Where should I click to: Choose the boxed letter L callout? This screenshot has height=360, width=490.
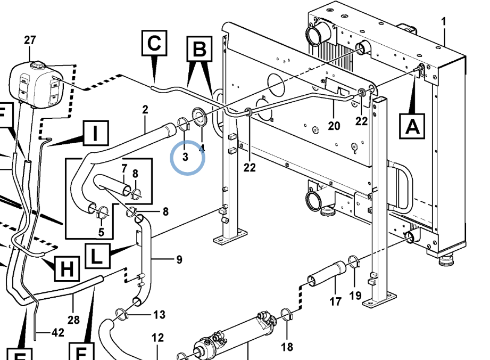(96, 257)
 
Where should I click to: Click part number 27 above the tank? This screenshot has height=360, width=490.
(30, 40)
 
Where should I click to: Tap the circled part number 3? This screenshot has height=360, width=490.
(186, 157)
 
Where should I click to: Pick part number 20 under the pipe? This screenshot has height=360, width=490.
(334, 126)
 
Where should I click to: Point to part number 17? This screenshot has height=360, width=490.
(335, 301)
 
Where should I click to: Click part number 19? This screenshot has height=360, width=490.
(355, 295)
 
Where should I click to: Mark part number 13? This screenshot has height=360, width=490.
(160, 315)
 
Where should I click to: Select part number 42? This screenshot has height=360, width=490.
(57, 333)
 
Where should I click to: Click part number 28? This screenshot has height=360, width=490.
(74, 320)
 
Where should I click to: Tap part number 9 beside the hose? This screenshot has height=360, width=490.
(179, 260)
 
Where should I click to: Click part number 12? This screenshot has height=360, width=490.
(157, 337)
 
